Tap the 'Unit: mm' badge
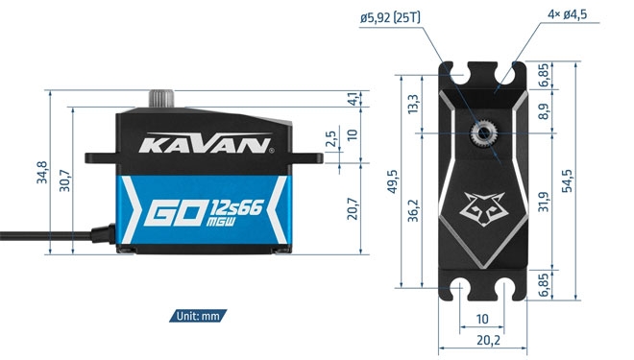click(200, 315)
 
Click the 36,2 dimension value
click(413, 208)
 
